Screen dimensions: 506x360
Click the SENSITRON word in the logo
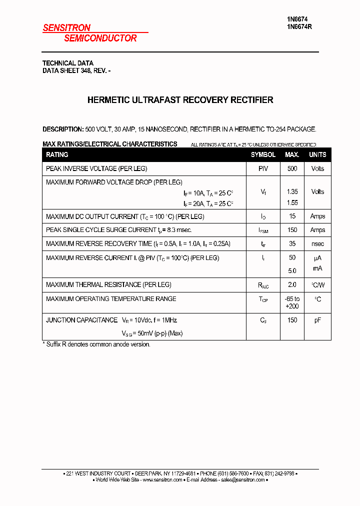point(66,28)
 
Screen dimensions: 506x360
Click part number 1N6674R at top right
point(299,27)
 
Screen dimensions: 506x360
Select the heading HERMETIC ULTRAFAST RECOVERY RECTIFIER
point(180,100)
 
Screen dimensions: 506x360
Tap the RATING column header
point(57,155)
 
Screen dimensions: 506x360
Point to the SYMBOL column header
point(263,155)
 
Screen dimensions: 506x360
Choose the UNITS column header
point(317,155)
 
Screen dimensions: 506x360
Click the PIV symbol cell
point(263,169)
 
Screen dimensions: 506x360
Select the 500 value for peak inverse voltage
point(292,169)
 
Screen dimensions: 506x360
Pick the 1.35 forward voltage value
point(292,192)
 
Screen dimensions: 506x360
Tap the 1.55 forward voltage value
point(292,203)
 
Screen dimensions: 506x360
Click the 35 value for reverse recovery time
point(292,244)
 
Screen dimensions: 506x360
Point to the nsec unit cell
point(317,244)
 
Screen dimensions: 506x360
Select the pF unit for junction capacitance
point(317,320)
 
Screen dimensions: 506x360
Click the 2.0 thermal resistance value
point(292,285)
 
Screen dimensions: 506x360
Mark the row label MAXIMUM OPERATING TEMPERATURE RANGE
point(111,299)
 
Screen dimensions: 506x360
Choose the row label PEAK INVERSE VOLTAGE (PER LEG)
point(96,169)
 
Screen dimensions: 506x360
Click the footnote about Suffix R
point(96,344)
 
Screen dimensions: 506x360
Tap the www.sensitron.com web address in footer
point(162,480)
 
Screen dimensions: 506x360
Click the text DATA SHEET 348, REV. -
point(76,71)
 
